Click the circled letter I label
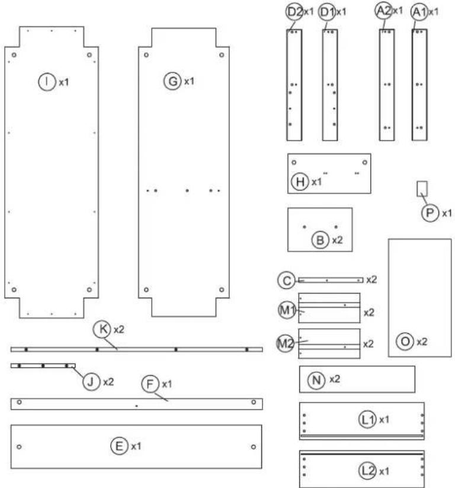click(47, 82)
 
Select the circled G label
click(172, 81)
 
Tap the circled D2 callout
click(294, 12)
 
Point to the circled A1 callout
click(419, 12)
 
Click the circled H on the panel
click(300, 181)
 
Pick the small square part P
click(422, 189)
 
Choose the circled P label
click(430, 213)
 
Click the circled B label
click(320, 240)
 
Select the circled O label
click(405, 342)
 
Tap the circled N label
click(316, 380)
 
